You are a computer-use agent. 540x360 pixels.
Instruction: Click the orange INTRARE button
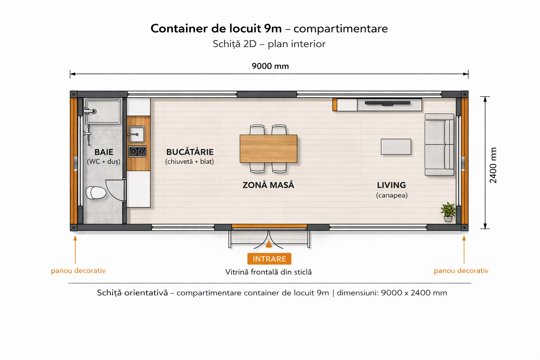269,259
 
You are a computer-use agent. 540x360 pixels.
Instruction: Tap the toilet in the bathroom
96,193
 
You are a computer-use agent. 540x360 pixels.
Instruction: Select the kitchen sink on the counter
137,134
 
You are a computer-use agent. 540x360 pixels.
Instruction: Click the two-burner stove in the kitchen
137,152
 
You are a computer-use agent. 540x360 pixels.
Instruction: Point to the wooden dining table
268,149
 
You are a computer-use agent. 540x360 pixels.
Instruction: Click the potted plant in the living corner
448,212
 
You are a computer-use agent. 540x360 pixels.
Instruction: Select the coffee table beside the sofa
396,147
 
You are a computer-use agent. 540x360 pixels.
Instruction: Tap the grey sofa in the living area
439,144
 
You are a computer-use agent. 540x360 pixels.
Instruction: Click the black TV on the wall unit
387,103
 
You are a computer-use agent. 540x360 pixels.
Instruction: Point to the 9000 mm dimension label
270,66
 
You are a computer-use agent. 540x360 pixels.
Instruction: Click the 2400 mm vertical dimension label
493,165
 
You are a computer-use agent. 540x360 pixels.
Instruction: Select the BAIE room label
104,152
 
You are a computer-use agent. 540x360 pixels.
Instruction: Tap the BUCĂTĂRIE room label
190,152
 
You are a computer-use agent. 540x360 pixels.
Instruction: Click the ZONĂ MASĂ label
268,185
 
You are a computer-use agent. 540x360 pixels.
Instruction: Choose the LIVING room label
392,185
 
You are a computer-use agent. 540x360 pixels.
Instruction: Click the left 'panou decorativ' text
78,271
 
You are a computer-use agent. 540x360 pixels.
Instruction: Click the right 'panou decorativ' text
461,271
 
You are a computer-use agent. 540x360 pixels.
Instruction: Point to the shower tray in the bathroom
103,111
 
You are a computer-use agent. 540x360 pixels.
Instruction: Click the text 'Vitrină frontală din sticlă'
268,272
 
